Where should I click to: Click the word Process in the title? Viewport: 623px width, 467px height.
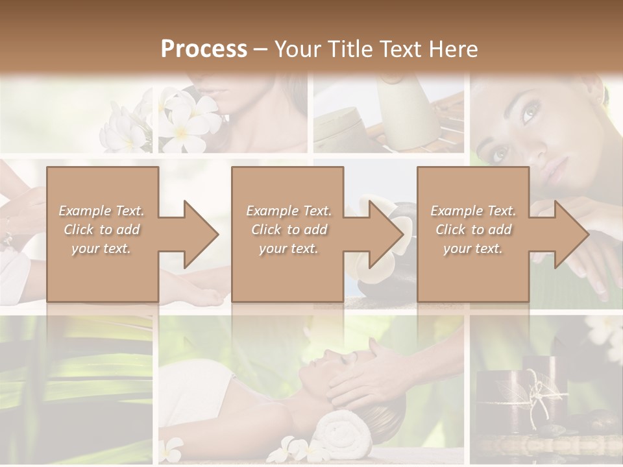tap(204, 49)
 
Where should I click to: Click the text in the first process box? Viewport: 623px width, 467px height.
tap(101, 229)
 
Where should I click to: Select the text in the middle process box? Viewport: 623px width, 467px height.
tap(288, 229)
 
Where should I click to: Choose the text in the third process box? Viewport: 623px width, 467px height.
tap(473, 229)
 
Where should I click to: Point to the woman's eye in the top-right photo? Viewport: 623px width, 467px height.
tap(527, 113)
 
